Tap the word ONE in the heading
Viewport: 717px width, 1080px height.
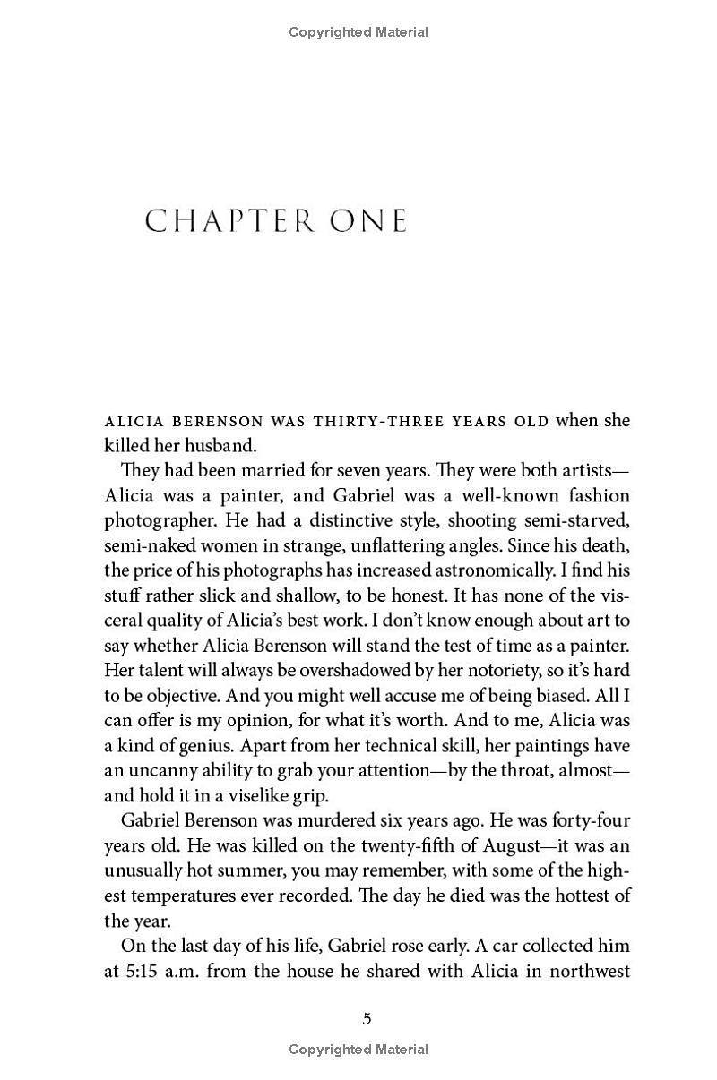(369, 221)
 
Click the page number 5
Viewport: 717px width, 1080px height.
(367, 1018)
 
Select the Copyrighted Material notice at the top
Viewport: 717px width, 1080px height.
(358, 32)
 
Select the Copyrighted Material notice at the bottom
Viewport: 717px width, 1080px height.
(358, 1050)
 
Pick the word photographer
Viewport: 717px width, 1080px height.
(159, 520)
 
